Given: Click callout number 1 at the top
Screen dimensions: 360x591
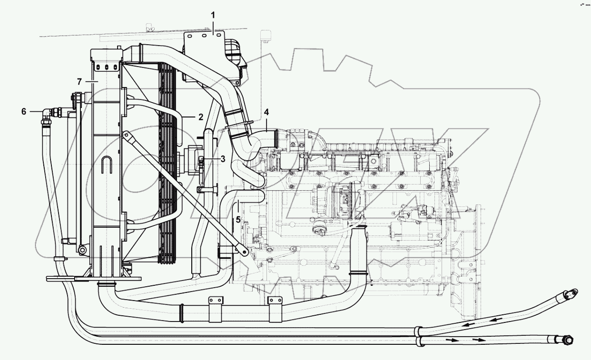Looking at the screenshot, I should pos(213,15).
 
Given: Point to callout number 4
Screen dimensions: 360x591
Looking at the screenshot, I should pos(266,112).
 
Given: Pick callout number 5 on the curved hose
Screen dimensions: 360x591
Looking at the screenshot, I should pos(238,220).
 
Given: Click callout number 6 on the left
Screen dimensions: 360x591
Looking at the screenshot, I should pos(23,111).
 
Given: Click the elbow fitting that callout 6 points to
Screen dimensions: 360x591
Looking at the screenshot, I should pos(47,115).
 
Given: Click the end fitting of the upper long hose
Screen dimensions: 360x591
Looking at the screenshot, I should pos(570,294).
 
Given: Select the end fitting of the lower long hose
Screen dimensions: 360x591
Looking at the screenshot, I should pos(567,340).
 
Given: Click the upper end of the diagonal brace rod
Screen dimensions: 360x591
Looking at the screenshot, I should pos(126,136).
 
